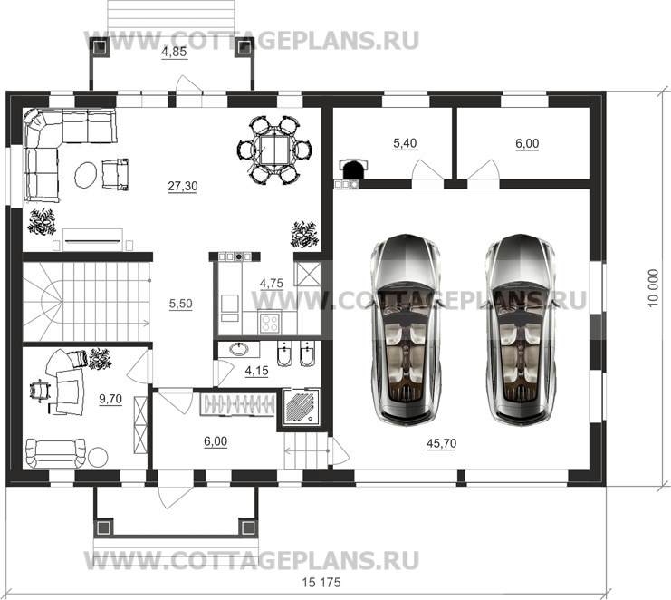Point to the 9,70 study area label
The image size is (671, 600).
[x=110, y=398]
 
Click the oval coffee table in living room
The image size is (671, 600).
[x=87, y=173]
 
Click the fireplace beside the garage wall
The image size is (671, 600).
[x=352, y=169]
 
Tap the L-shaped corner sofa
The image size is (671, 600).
[x=54, y=150]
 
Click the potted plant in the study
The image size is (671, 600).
[x=100, y=358]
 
